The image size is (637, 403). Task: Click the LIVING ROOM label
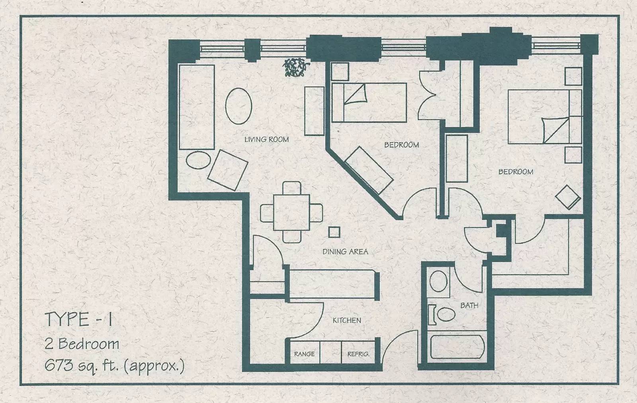pos(266,139)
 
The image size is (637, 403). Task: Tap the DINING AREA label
pos(345,251)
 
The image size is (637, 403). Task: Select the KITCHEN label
pos(347,321)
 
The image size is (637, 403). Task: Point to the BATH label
pos(469,305)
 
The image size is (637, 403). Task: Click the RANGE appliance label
pos(304,354)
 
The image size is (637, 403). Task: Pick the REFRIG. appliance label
pos(358,354)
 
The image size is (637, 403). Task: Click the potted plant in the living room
pos(296,67)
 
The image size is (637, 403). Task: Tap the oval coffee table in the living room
pos(238,106)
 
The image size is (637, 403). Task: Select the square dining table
pos(291,212)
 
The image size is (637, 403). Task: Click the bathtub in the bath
pos(457,347)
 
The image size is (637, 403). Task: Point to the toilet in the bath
pos(442,315)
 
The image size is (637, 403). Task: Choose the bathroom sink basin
pos(438,281)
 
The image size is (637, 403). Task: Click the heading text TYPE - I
pos(79,319)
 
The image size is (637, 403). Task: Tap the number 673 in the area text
pos(59,365)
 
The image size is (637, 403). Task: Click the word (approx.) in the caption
pos(154,366)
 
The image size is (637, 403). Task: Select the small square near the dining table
pos(334,232)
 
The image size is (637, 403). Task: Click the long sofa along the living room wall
pos(197,107)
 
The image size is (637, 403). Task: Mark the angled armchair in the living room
pos(227,170)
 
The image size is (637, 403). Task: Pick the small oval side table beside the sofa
pos(199,160)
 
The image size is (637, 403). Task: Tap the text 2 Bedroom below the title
pos(82,344)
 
